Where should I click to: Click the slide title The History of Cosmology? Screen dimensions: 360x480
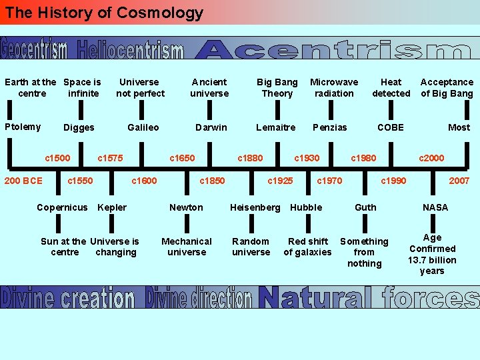[103, 13]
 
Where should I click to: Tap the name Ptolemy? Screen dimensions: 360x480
[23, 127]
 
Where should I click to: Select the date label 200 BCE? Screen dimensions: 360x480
[23, 181]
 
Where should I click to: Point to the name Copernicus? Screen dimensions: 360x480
[62, 207]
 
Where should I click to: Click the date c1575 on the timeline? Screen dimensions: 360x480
[110, 158]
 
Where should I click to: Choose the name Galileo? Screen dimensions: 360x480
[143, 127]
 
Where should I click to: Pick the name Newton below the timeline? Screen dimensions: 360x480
[186, 207]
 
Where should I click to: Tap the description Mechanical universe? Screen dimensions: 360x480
[187, 247]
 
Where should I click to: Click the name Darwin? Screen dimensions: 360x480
[211, 127]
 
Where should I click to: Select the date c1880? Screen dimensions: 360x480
[250, 158]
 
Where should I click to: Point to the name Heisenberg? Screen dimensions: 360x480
[255, 207]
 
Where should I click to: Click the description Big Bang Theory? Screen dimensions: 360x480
[277, 87]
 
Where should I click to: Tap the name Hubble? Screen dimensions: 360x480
[306, 207]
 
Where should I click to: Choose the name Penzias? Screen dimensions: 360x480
[330, 127]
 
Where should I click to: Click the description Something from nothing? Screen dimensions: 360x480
[364, 252]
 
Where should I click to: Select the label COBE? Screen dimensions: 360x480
[391, 127]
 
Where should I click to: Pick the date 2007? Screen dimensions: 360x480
[459, 181]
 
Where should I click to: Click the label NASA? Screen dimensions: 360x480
[435, 207]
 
